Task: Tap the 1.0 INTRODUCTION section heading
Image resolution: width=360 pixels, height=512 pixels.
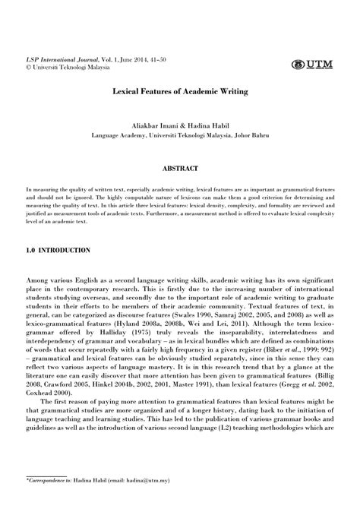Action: (x=58, y=250)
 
